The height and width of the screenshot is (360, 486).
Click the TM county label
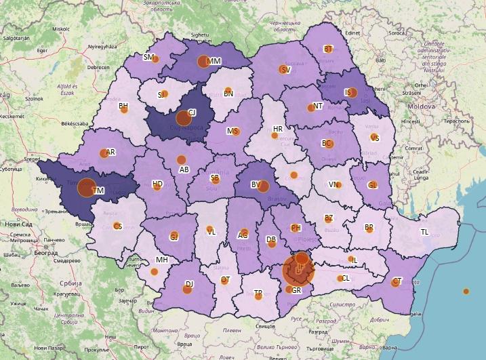(x=98, y=191)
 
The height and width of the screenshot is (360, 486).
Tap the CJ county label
(x=192, y=113)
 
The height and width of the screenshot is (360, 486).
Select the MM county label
(x=214, y=62)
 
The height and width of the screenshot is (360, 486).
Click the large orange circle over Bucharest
(x=299, y=269)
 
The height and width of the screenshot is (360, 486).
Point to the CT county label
(x=397, y=281)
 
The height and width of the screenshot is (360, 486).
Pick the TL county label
(x=425, y=232)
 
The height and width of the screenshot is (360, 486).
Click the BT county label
(x=328, y=49)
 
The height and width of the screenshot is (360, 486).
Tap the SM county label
(x=148, y=58)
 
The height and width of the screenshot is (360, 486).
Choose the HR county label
(x=277, y=129)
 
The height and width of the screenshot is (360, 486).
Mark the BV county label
(x=256, y=184)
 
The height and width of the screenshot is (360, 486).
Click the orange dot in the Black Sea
(x=466, y=292)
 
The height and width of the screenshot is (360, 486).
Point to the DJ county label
(x=190, y=283)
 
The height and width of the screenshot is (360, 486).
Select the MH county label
(x=161, y=260)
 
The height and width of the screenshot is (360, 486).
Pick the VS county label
(x=375, y=138)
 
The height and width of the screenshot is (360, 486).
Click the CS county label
(x=117, y=226)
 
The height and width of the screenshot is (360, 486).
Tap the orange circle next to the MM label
(x=202, y=62)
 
